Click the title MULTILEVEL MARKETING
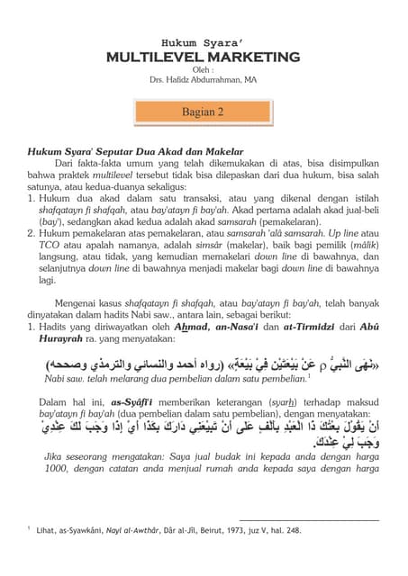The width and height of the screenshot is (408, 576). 204,58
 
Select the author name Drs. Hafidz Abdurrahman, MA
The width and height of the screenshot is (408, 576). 204,79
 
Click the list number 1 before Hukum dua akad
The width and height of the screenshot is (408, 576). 32,196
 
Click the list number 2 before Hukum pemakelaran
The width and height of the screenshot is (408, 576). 32,232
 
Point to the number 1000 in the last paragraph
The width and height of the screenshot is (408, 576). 59,468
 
